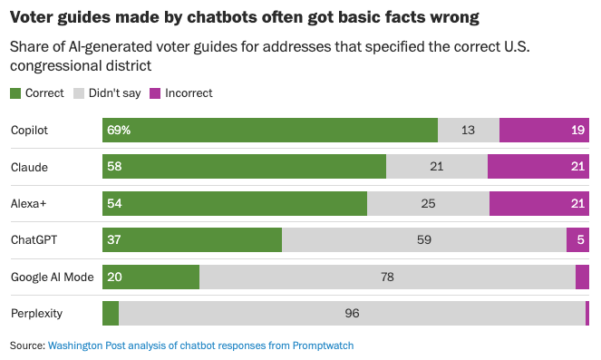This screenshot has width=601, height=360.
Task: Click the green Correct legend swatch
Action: point(15,93)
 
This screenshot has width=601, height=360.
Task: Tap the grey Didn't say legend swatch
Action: point(79,93)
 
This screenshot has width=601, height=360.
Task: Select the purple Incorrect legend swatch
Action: point(155,93)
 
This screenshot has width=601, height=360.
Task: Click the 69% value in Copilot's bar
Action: point(119,131)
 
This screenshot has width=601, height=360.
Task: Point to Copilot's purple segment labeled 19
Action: point(544,131)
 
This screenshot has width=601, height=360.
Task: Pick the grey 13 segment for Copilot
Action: point(469,131)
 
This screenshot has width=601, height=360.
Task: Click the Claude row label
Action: point(30,167)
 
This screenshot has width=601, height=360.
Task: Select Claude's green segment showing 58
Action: point(244,166)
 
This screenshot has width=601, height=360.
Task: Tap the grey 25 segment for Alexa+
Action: point(428,203)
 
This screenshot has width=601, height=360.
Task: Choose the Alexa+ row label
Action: point(28,204)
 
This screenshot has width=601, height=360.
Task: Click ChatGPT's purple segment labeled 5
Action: point(577,240)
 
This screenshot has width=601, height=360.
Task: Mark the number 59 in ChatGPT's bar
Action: point(424,240)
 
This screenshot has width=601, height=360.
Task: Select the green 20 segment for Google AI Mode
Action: point(150,277)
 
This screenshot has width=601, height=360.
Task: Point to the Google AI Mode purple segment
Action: point(582,277)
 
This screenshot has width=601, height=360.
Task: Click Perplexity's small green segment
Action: point(111,313)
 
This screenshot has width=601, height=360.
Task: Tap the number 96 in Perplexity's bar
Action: point(352,313)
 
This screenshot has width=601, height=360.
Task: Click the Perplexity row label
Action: point(36,314)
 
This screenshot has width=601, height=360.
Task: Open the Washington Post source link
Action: point(200,345)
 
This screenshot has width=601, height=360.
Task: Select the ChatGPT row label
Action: point(34,240)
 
